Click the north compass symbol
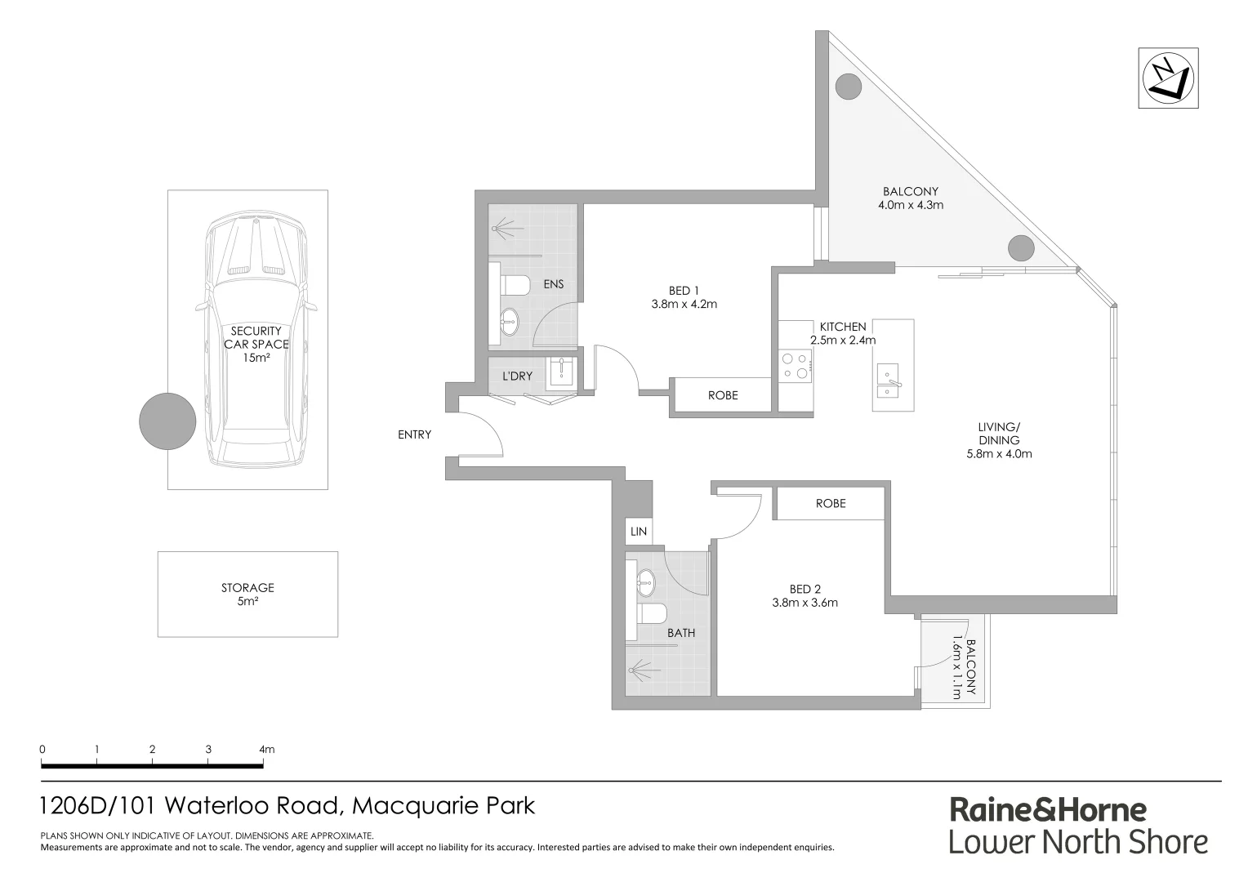coord(1169,78)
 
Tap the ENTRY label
coord(414,434)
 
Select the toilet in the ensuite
coord(514,286)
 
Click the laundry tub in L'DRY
coord(562,371)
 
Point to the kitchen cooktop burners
coord(795,365)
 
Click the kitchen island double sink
coord(888,381)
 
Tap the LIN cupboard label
coord(638,532)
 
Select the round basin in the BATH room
coord(645,582)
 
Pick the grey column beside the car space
coord(167,421)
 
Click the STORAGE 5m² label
coord(247,595)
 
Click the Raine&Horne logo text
coord(1048,809)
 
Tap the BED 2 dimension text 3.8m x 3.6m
coord(805,603)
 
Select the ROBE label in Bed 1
coord(722,395)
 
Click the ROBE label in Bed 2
coord(831,503)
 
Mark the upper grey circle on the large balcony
coord(849,85)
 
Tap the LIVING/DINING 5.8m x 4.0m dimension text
coord(998,453)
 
